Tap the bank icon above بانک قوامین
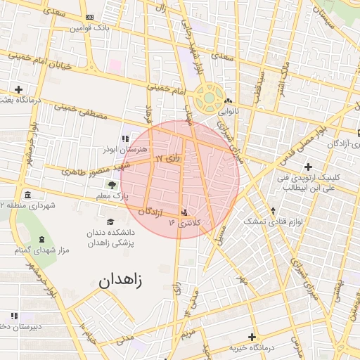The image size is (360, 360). point(89,17)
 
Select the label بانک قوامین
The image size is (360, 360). point(94,28)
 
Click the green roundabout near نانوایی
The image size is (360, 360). point(208,99)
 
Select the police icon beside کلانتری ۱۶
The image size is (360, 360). point(185,211)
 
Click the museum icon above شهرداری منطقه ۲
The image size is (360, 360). point(27,194)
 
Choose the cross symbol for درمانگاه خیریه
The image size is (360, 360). point(252,337)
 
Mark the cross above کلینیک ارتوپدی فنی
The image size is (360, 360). point(307,166)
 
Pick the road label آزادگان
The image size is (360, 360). point(151,212)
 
